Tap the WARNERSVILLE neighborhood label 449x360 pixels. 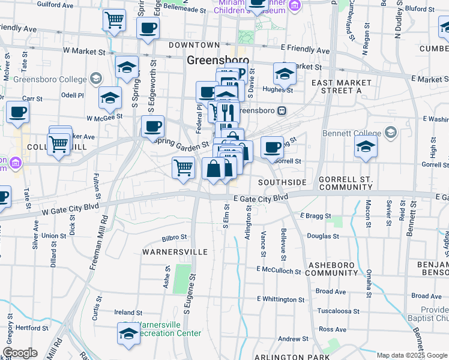[x=175, y=252]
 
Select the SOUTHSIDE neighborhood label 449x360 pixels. [x=282, y=182]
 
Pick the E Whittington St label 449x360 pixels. [x=281, y=299]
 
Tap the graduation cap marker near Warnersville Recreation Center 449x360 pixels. [x=128, y=333]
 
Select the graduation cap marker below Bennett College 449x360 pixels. [x=366, y=146]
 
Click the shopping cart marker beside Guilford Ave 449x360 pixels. [x=114, y=20]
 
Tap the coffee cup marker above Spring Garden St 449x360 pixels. [x=152, y=126]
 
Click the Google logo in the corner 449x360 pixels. [x=20, y=353]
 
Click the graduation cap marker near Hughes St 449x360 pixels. [x=285, y=74]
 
